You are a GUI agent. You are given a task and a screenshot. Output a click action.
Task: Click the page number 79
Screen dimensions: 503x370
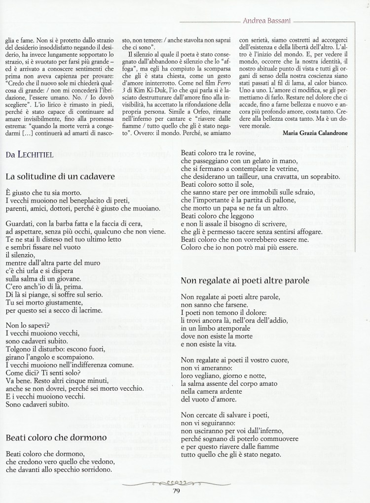pyautogui.click(x=178, y=490)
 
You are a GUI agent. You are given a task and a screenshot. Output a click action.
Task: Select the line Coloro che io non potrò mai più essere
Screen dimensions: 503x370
pyautogui.click(x=243, y=247)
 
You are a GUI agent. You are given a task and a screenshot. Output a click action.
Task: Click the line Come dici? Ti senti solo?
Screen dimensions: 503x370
pyautogui.click(x=43, y=372)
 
